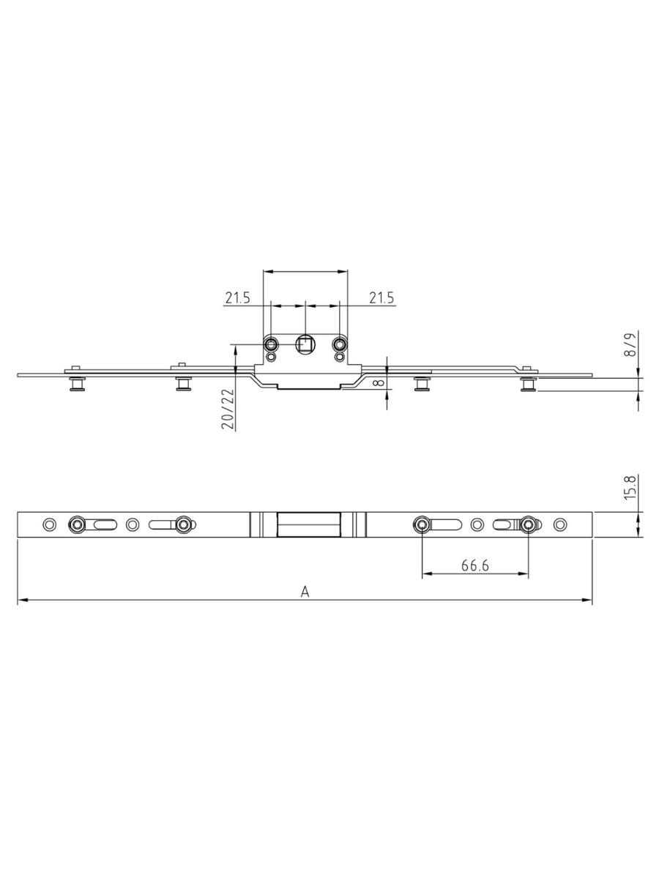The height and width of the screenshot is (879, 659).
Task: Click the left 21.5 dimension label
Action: coord(237,297)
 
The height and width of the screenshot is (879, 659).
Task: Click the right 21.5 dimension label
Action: coord(381,297)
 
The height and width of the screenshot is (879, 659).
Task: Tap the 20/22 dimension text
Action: coord(228,409)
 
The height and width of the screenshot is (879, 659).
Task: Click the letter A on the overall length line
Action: coord(305,592)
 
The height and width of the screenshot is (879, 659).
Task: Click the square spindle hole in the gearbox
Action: coord(305,344)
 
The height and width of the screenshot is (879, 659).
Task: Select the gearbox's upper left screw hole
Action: coord(271,344)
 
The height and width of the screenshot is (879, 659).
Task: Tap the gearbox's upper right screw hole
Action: coord(339,344)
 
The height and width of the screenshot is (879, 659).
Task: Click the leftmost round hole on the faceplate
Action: coord(49,524)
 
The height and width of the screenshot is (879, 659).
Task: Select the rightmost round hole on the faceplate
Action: coord(560,524)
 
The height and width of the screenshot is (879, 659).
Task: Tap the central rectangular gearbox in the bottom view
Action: coord(307,524)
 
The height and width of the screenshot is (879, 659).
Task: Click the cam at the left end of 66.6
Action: coord(422,524)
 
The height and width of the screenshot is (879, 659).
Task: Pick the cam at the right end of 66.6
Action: coord(528,524)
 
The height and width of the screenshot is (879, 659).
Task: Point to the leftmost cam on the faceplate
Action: coord(76,524)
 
